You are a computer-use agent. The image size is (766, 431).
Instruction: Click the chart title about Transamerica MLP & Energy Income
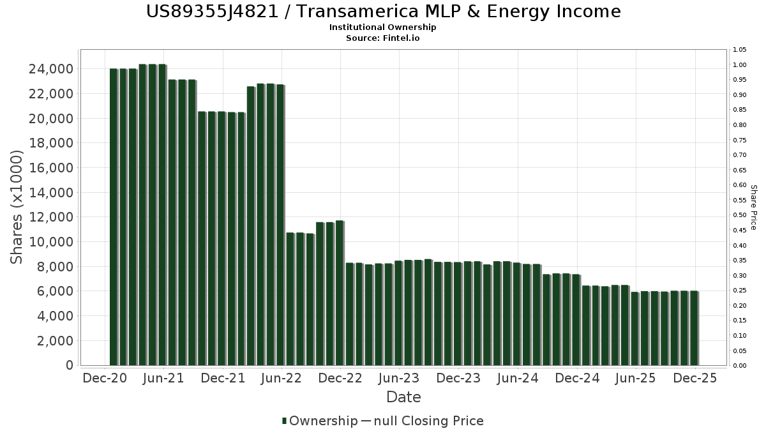click(383, 11)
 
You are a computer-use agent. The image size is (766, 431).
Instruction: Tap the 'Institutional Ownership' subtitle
click(383, 27)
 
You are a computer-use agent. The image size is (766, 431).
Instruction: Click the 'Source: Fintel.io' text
click(383, 38)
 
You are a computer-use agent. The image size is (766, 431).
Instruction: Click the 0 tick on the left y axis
click(68, 365)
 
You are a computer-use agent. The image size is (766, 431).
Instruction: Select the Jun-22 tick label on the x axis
click(282, 378)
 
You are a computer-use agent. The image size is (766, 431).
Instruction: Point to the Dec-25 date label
click(695, 378)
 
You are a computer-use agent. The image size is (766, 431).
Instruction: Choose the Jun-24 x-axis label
click(518, 378)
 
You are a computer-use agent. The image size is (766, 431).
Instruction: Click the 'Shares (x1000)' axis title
click(17, 208)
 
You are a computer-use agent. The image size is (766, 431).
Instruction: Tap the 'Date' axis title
click(403, 397)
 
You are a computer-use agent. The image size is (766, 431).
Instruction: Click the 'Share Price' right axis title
click(753, 208)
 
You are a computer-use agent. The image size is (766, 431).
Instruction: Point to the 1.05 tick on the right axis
click(740, 50)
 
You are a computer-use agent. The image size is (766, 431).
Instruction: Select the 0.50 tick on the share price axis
click(740, 215)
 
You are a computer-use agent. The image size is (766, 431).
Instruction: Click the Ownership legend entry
click(320, 421)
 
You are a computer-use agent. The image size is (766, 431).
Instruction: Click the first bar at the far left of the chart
click(114, 217)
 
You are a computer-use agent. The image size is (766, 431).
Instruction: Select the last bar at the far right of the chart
click(694, 328)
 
